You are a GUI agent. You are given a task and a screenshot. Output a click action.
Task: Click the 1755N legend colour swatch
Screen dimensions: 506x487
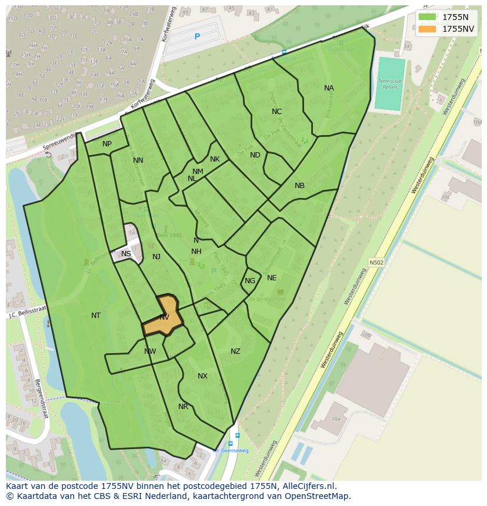click(427, 17)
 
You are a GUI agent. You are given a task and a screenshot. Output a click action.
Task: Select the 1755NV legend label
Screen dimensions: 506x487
click(459, 29)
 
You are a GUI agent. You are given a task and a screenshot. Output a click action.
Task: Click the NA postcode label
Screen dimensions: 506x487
click(329, 88)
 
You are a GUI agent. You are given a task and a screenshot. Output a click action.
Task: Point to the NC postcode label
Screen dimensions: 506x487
click(276, 112)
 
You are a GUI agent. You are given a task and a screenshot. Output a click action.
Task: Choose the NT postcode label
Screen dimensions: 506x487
click(96, 316)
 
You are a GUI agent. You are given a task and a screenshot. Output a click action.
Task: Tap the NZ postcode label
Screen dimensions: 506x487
click(235, 351)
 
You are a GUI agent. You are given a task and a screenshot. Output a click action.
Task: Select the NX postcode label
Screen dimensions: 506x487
click(202, 376)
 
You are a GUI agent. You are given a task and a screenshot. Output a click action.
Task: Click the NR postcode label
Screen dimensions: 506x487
click(183, 407)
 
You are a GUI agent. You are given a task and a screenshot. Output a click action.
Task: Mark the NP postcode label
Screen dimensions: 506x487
click(107, 144)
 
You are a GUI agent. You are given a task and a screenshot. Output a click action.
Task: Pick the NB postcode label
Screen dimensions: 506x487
click(299, 186)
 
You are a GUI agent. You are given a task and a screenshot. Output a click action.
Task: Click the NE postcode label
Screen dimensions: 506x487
click(272, 278)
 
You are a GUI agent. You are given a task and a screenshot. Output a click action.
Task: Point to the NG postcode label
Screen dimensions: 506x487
click(250, 281)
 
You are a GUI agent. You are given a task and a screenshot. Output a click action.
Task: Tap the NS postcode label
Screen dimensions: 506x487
click(126, 254)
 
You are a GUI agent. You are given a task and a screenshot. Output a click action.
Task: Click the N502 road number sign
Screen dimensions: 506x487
click(376, 263)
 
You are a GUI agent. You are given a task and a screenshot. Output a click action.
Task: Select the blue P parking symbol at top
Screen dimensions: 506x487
click(197, 36)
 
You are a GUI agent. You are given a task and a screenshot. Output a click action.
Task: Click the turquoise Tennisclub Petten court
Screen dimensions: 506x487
click(390, 83)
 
